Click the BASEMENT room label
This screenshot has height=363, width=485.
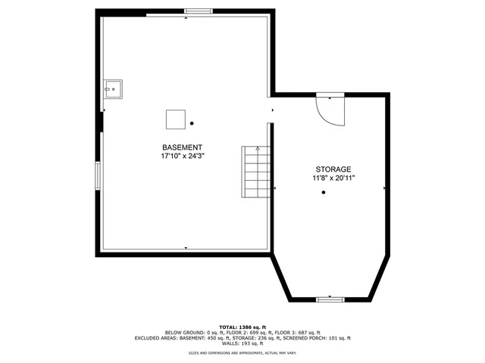point(182,147)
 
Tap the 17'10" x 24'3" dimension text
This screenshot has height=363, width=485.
point(183,156)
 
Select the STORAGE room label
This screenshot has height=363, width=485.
point(333,169)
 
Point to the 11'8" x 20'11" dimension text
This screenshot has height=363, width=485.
point(334,178)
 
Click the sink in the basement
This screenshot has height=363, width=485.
point(114,90)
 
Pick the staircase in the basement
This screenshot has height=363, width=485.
point(255,172)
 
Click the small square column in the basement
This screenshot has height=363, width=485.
point(176,119)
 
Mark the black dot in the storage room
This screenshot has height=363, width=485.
point(324,193)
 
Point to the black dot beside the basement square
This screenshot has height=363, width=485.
point(192,123)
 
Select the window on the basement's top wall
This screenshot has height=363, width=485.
point(199,11)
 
